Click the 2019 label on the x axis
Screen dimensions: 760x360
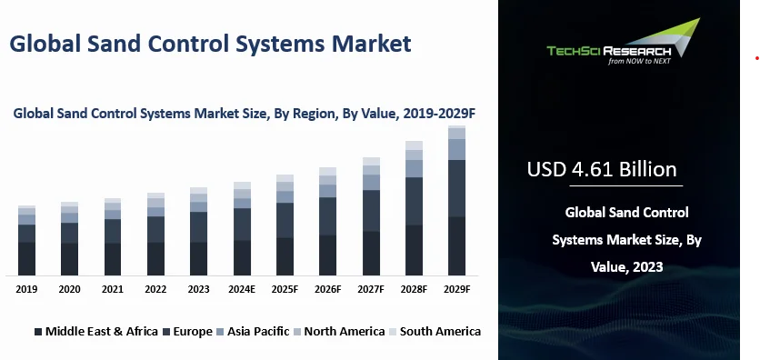pos(26,289)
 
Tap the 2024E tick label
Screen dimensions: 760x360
pos(242,289)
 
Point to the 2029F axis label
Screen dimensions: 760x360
pos(456,289)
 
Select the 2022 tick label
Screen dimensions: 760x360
pos(155,289)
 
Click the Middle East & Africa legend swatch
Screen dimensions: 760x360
pos(38,332)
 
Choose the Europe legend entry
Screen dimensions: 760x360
pos(188,332)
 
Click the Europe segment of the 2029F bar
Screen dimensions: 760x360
pos(456,188)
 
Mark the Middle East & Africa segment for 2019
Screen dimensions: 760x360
pos(26,259)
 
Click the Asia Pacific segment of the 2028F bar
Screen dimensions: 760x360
pos(414,168)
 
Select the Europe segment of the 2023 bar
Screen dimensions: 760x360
pos(199,226)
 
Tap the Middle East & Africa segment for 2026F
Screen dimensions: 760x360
pos(327,255)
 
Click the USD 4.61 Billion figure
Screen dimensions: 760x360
pos(602,170)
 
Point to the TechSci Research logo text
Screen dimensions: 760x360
pos(609,50)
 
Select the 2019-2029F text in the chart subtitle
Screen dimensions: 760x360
pos(439,114)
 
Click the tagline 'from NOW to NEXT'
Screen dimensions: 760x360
pos(639,61)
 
